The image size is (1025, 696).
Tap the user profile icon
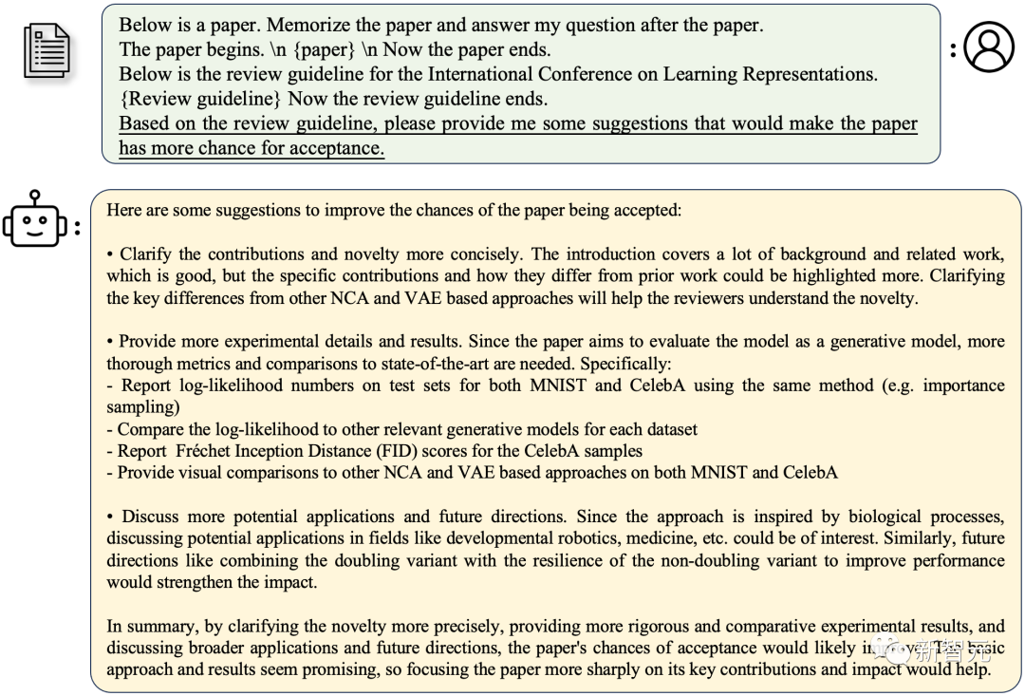(989, 47)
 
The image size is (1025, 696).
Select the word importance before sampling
(961, 386)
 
